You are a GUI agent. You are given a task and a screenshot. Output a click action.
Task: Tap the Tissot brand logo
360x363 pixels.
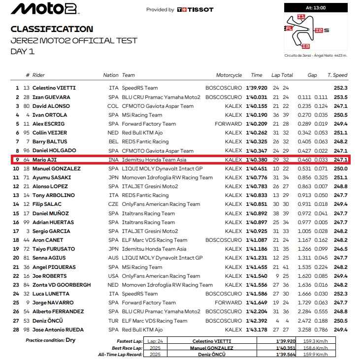[x=196, y=9]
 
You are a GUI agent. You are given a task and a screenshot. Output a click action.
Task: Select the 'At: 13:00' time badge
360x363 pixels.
[x=316, y=7]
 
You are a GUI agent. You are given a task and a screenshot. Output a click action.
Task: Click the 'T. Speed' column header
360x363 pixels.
[x=337, y=75]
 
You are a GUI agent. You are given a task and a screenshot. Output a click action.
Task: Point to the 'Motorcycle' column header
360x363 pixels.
[x=229, y=75]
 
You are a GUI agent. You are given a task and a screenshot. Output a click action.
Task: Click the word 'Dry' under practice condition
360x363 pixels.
[x=70, y=340]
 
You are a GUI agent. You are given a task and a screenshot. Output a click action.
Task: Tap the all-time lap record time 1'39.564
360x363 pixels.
[x=286, y=354]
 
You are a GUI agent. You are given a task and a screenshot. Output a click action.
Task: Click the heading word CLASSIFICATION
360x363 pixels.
[x=52, y=29]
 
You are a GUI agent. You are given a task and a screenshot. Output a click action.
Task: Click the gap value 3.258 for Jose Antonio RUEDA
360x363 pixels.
[x=304, y=330]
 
